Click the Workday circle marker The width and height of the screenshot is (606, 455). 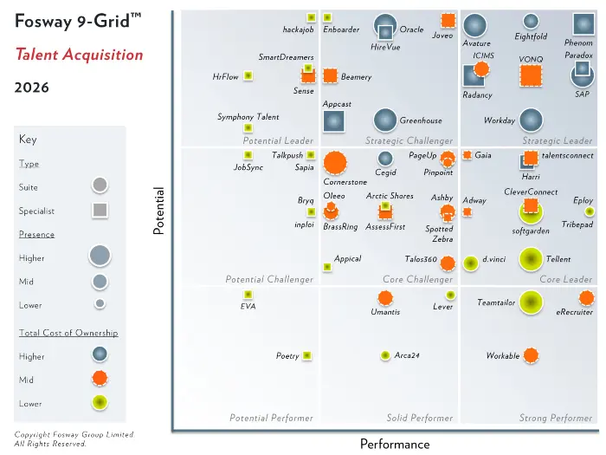click(531, 120)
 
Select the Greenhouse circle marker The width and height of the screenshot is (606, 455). click(385, 120)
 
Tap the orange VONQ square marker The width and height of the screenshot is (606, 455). click(531, 75)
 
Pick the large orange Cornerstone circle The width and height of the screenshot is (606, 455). click(335, 163)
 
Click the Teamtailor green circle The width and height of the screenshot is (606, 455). click(531, 302)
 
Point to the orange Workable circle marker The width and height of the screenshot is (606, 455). click(531, 355)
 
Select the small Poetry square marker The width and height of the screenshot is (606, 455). click(306, 355)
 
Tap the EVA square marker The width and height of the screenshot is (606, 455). click(248, 295)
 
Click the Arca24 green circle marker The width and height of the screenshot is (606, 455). click(385, 355)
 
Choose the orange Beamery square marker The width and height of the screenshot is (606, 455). click(330, 76)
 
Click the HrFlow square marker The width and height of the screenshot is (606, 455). click(248, 75)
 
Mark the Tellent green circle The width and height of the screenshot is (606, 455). click(531, 259)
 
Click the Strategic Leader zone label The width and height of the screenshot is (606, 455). click(557, 140)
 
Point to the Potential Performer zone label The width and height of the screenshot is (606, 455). click(271, 418)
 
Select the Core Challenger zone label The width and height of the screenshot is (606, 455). click(417, 279)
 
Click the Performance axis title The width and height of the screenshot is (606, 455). click(395, 444)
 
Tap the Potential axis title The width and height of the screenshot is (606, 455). click(158, 211)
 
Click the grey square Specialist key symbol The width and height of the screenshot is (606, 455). click(100, 210)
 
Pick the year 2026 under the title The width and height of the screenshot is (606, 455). click(32, 88)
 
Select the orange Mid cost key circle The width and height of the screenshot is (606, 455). click(100, 378)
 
